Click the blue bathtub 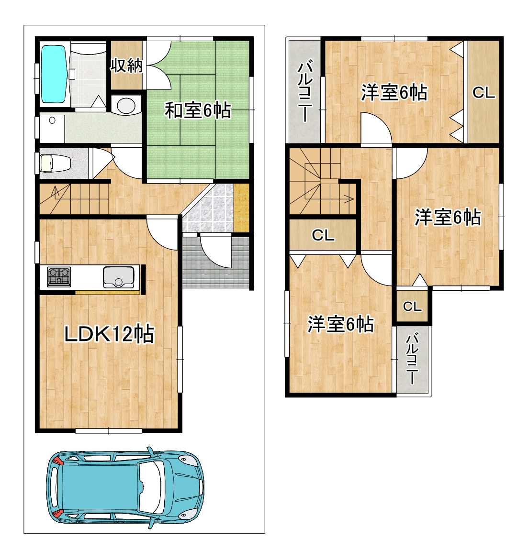tap(55, 74)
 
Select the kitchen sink tap(119, 277)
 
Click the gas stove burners tap(59, 277)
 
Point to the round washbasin tap(126, 105)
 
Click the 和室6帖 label tap(198, 110)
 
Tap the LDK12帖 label tap(109, 334)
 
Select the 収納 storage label tap(126, 65)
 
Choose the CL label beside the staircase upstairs tap(323, 235)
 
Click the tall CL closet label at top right tap(484, 93)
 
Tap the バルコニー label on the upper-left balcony tap(305, 92)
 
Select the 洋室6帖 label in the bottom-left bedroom tap(340, 324)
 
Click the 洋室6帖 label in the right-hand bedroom tap(448, 217)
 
